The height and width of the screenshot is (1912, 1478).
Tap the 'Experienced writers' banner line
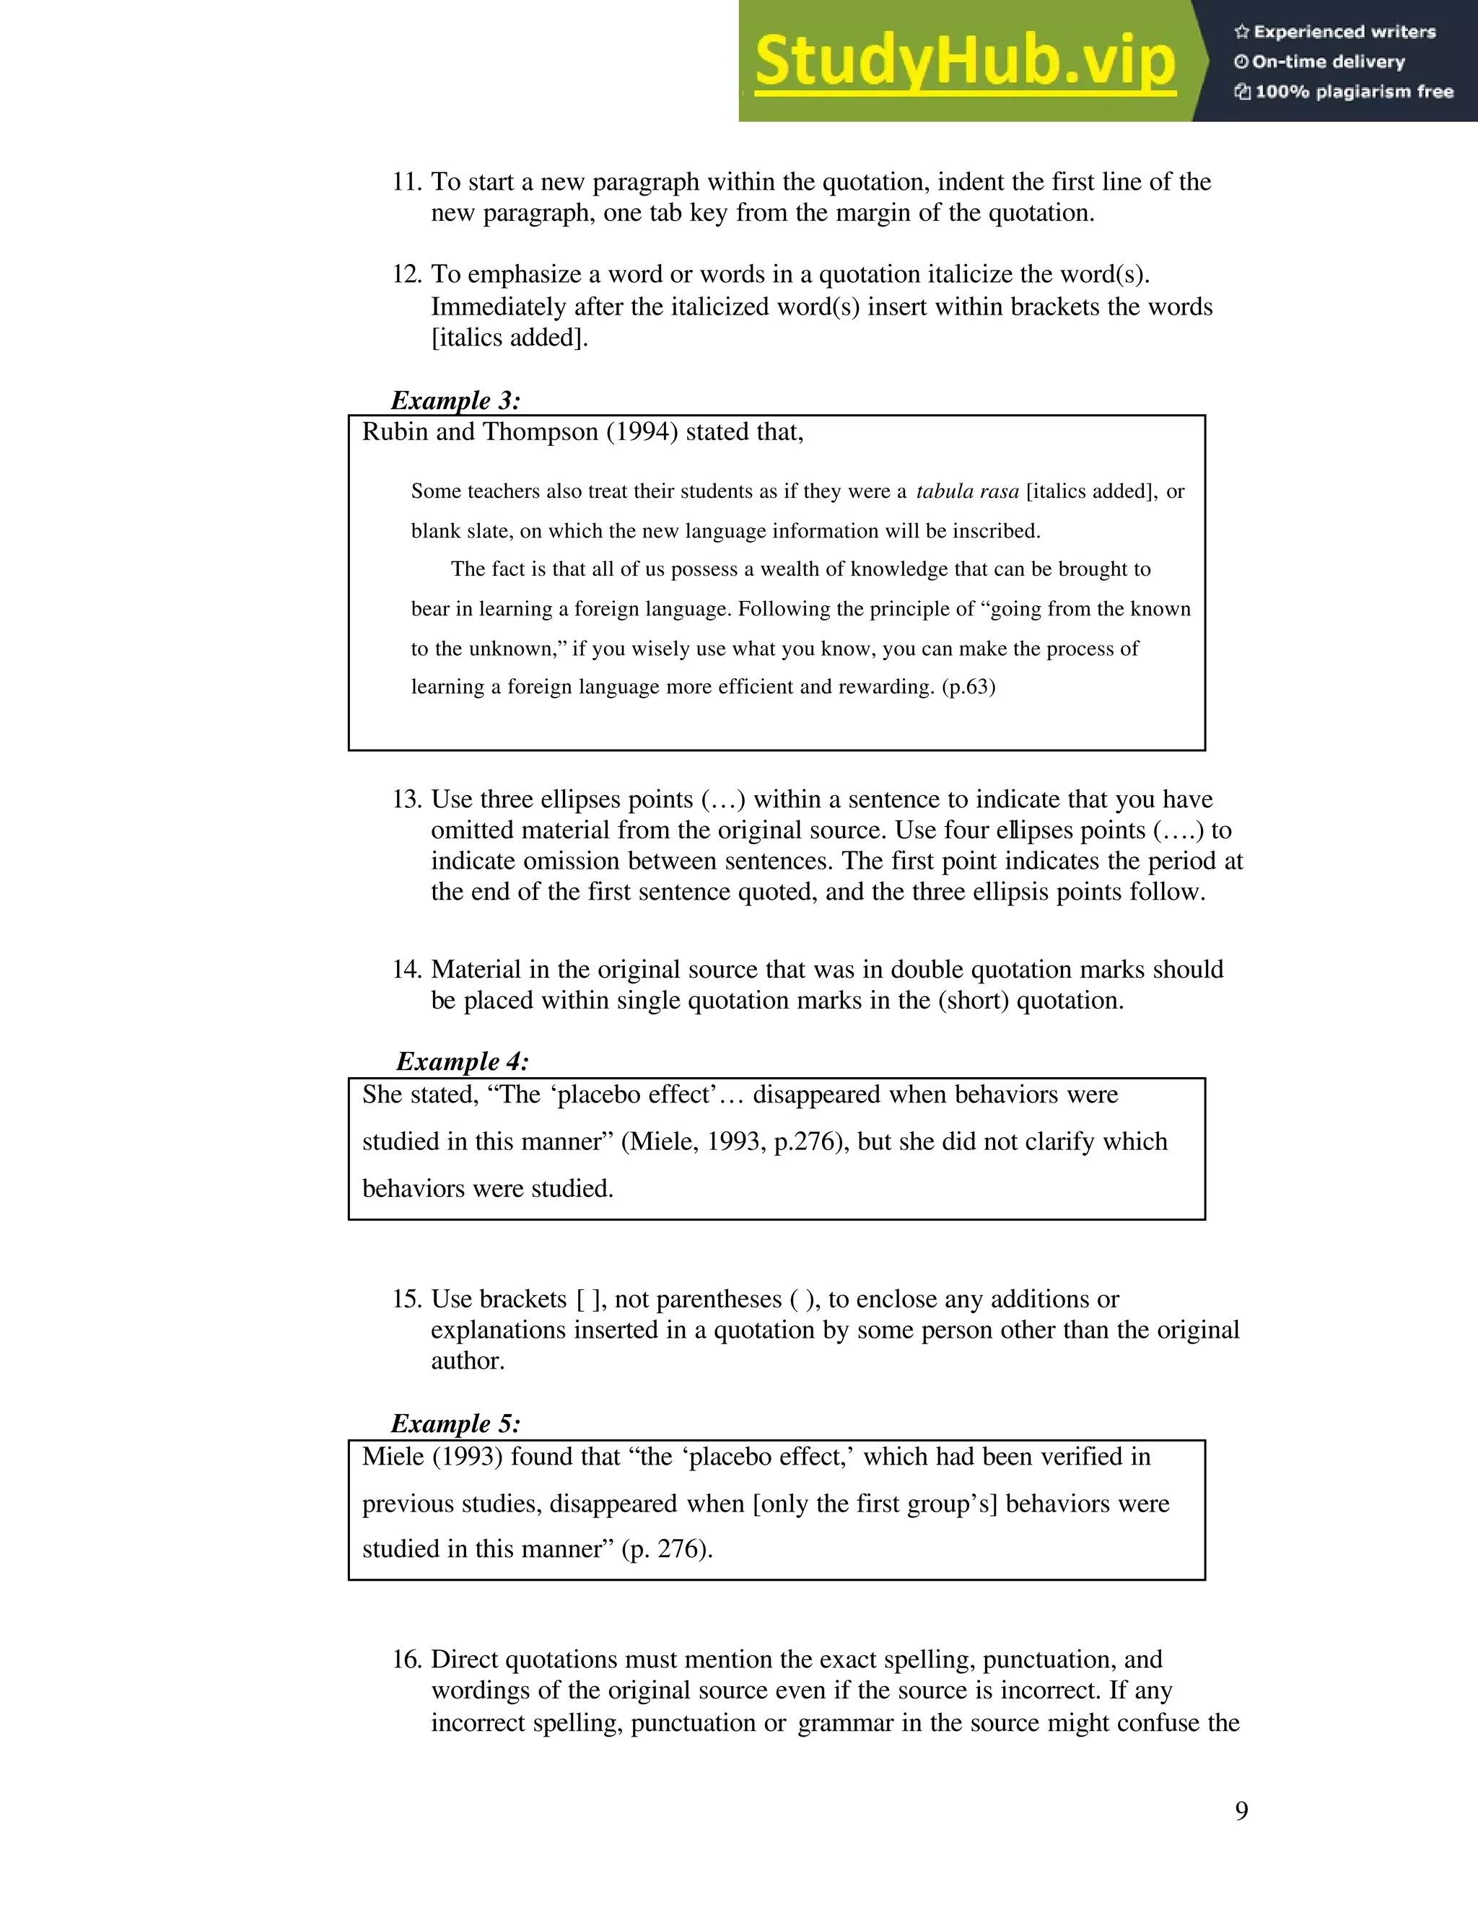click(x=1335, y=32)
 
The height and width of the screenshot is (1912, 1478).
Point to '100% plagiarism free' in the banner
click(x=1344, y=92)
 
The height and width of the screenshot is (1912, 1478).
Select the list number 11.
click(x=406, y=182)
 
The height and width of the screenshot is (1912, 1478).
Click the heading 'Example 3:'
click(x=455, y=401)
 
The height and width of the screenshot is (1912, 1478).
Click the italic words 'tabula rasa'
click(x=968, y=491)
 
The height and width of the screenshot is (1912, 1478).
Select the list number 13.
click(x=406, y=799)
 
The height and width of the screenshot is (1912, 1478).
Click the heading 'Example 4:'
click(x=463, y=1062)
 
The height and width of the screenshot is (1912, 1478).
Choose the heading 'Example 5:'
click(x=455, y=1424)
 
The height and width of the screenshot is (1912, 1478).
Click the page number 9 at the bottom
click(x=1241, y=1810)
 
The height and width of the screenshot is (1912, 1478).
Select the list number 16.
click(x=406, y=1659)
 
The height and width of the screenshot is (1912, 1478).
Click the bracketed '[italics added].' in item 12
click(x=510, y=338)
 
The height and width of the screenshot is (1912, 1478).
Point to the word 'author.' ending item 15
click(x=468, y=1361)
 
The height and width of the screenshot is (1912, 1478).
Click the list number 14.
click(x=406, y=969)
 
